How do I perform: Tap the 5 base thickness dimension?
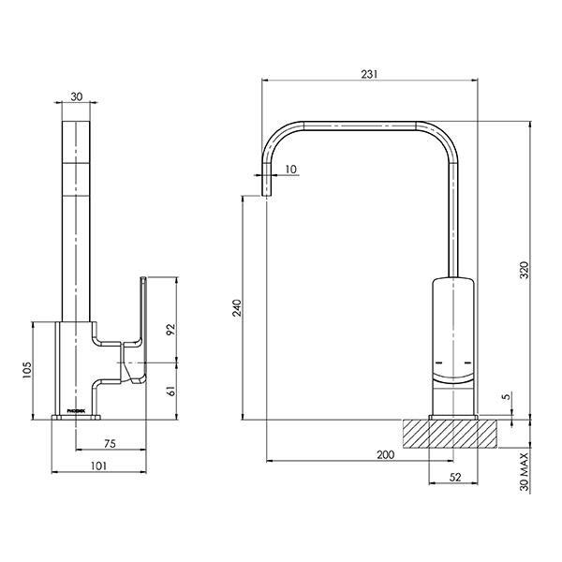click(x=506, y=397)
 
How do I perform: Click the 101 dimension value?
click(x=96, y=466)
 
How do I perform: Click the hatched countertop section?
click(x=453, y=433)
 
